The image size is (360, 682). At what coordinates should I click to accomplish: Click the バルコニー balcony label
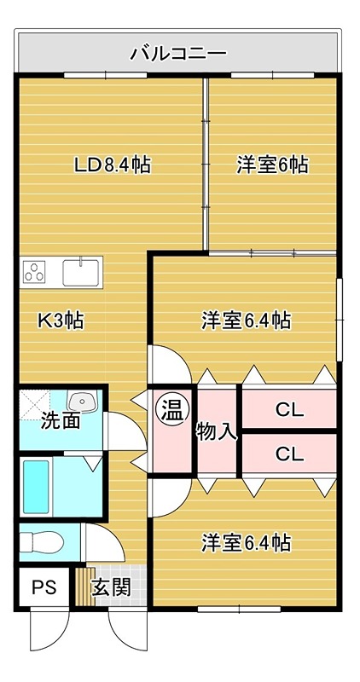pyautogui.click(x=178, y=54)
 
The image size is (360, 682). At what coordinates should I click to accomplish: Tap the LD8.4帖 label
pyautogui.click(x=112, y=165)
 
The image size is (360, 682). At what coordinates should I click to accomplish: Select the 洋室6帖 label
pyautogui.click(x=272, y=165)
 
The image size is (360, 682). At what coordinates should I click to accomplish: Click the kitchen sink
pyautogui.click(x=81, y=273)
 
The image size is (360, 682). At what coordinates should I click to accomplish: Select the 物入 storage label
pyautogui.click(x=216, y=431)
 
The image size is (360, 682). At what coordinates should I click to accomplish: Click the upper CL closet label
pyautogui.click(x=289, y=410)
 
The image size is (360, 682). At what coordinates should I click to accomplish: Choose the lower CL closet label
pyautogui.click(x=289, y=454)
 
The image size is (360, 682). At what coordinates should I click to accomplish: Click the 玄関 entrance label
pyautogui.click(x=111, y=587)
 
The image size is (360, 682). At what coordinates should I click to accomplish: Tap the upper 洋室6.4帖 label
pyautogui.click(x=247, y=321)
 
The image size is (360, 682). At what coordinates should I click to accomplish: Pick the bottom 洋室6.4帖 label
pyautogui.click(x=247, y=542)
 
